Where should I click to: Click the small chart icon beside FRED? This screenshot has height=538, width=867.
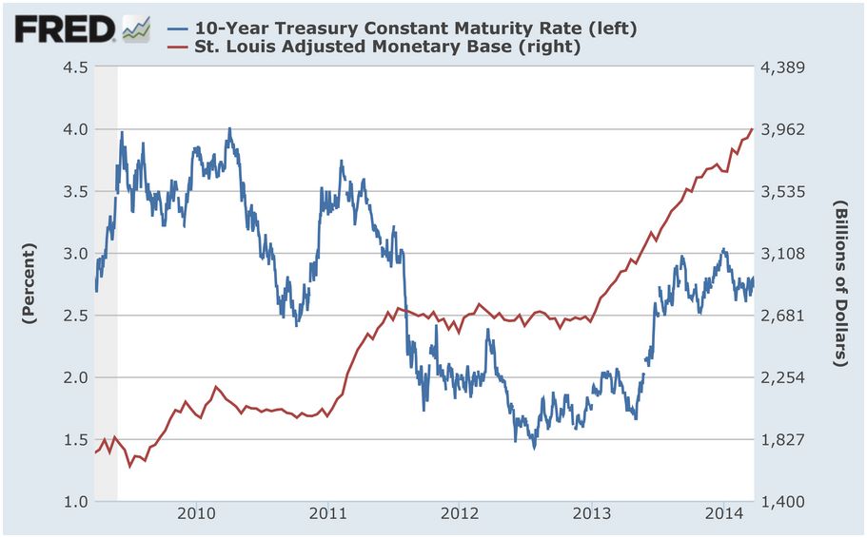pos(135,29)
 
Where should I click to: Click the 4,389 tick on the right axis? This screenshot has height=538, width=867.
pos(785,67)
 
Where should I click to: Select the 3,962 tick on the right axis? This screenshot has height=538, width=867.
pos(785,129)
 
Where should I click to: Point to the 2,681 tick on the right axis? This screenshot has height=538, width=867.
pos(785,316)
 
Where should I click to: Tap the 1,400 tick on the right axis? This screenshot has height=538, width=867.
pos(785,502)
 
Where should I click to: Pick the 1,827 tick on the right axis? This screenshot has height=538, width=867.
pos(785,440)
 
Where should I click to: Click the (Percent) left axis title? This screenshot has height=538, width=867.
pos(29,283)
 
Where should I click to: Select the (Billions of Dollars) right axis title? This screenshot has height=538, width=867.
pos(840,283)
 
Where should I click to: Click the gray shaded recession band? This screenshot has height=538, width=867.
pos(106,285)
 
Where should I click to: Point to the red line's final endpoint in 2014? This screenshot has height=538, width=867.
pos(753,128)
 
